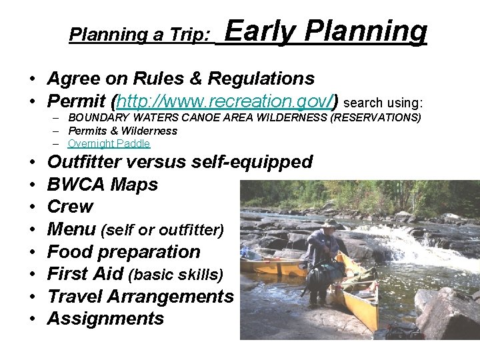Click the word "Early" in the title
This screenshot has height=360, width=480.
[257, 31]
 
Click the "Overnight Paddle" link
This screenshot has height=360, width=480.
[109, 143]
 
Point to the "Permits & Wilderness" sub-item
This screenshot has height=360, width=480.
[123, 131]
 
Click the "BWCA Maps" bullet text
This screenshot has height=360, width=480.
[103, 185]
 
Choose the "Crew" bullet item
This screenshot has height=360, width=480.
[70, 207]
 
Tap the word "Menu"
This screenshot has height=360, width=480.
[71, 229]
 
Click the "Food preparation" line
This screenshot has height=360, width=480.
[123, 252]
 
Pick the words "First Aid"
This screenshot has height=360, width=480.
[85, 274]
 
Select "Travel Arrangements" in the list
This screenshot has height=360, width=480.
[140, 296]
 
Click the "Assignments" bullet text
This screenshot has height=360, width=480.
[105, 319]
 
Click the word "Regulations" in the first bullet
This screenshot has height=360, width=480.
[261, 79]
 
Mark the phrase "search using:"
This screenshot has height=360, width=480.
[383, 103]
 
